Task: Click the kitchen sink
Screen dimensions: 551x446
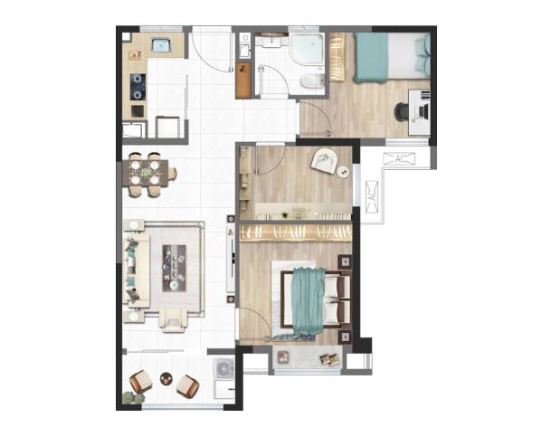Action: [161, 44]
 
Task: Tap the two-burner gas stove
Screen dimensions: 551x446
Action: [138, 87]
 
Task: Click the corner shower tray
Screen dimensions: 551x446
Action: [307, 49]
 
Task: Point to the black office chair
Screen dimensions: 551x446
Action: [401, 111]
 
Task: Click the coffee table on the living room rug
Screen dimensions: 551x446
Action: [174, 268]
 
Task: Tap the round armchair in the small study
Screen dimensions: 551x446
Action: [325, 161]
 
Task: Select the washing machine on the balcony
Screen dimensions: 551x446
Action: [223, 368]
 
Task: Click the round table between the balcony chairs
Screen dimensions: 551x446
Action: [166, 378]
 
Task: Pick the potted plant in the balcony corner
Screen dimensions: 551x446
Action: [133, 398]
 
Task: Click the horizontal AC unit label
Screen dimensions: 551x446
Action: [399, 158]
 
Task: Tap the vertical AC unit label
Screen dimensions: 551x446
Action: [372, 197]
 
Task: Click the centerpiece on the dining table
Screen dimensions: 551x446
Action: [146, 173]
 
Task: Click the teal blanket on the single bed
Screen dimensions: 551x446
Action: [371, 58]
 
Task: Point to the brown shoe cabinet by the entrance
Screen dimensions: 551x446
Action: [243, 81]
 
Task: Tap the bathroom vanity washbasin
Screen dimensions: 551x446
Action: [271, 41]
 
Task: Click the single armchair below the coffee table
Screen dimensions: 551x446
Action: [173, 320]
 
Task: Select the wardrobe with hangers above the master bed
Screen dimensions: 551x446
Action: [296, 233]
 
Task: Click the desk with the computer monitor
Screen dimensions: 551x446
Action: [419, 112]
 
